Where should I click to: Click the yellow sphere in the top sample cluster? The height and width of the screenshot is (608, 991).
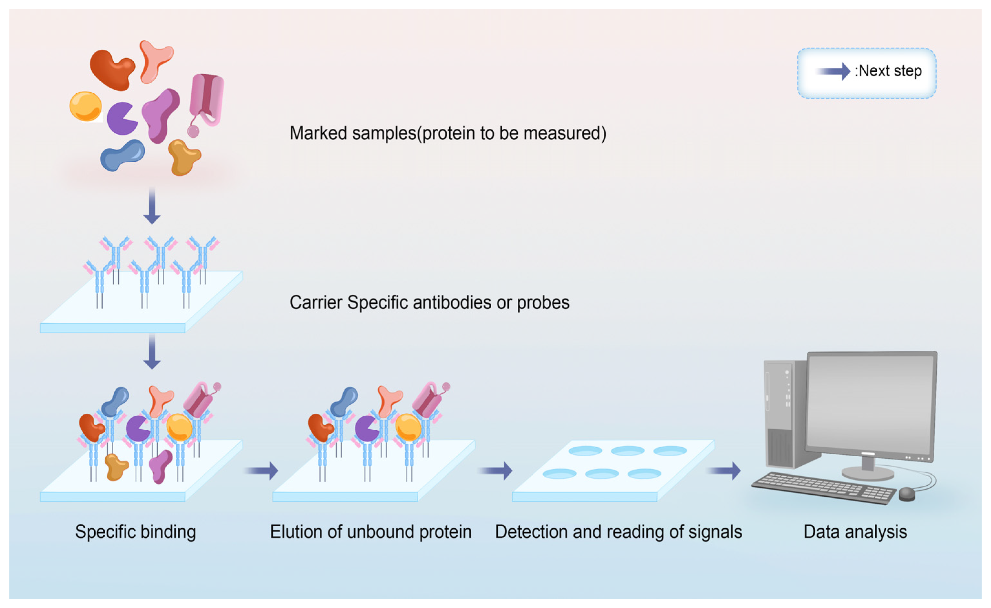(85, 106)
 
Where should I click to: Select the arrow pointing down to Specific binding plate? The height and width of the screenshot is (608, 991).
(152, 352)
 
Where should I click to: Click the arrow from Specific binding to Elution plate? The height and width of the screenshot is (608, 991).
(262, 471)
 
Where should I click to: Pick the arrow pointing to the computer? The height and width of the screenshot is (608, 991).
(724, 471)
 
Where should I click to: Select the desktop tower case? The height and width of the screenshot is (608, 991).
(785, 414)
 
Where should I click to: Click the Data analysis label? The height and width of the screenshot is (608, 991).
(855, 532)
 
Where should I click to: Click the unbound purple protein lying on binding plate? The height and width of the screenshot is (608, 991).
(161, 466)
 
